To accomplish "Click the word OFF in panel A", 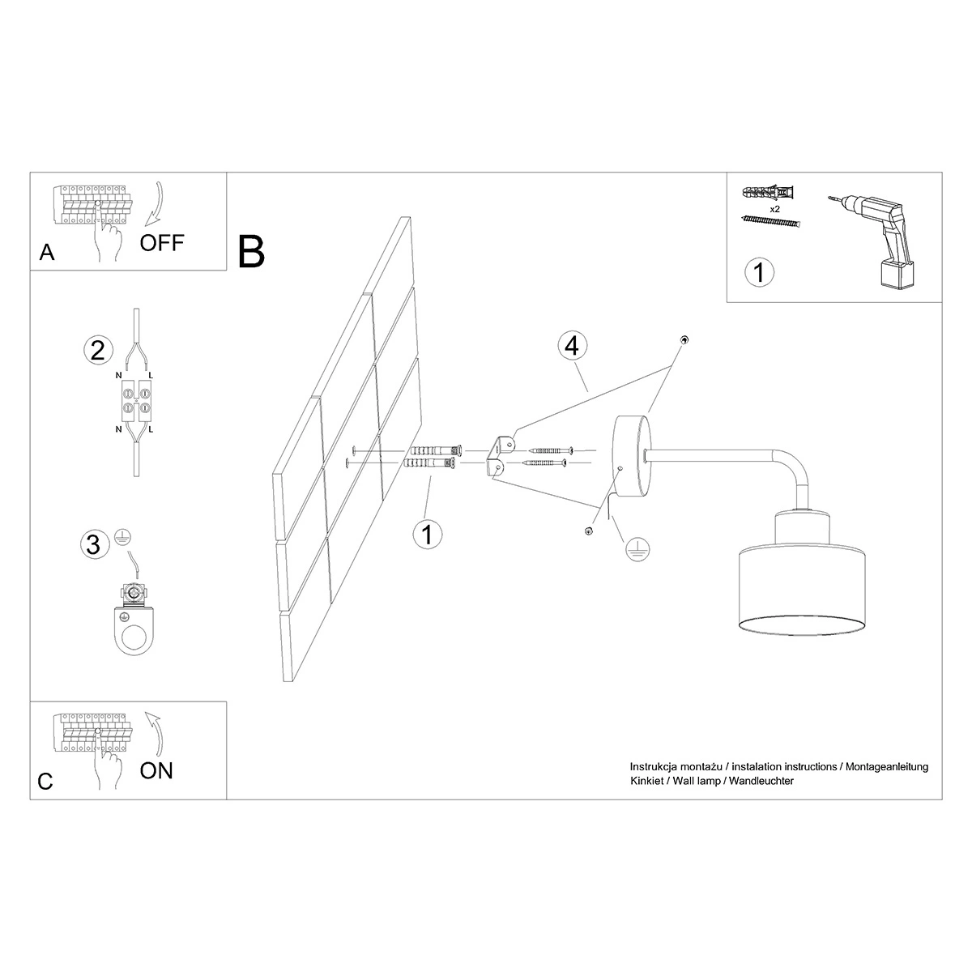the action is (x=162, y=243).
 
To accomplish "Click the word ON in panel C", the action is (x=156, y=770).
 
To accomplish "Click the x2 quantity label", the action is (x=775, y=209).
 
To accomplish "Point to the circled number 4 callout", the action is (x=572, y=346).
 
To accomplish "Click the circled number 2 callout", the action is (x=98, y=351).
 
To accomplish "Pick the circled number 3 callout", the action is (x=94, y=544).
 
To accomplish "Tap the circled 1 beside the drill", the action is (x=759, y=272).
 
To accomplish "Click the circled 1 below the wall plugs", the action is (x=427, y=534).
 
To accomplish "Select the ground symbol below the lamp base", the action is (x=637, y=549).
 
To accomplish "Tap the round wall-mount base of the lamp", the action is (x=631, y=456).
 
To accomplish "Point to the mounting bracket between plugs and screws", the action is (x=499, y=455).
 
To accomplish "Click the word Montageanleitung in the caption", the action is (x=887, y=767).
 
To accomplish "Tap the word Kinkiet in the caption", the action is (x=646, y=781).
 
